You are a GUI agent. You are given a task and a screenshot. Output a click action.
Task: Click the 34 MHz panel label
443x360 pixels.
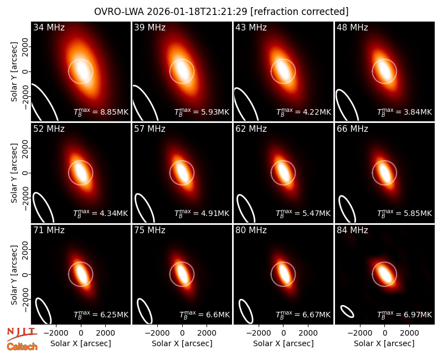[49, 27]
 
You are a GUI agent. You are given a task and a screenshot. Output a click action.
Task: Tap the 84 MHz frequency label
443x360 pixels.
[352, 230]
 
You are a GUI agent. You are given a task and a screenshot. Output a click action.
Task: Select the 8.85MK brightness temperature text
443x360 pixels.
[110, 112]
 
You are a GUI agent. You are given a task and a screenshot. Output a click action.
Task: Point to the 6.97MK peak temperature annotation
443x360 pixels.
[414, 315]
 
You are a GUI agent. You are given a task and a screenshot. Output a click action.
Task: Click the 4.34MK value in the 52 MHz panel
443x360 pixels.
[110, 213]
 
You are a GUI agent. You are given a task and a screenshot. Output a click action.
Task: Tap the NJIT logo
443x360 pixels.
[22, 334]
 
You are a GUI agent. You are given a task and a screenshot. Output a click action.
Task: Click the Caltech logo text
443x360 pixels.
[22, 347]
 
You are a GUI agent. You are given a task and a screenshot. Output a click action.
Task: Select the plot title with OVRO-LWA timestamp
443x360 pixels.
[221, 12]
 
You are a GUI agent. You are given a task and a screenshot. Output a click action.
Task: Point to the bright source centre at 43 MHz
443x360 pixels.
[283, 71]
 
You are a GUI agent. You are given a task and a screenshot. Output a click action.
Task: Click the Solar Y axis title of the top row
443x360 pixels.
[14, 72]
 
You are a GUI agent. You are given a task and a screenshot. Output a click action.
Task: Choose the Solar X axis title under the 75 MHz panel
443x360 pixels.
[182, 343]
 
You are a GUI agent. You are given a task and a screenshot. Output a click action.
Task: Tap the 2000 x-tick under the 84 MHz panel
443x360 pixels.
[409, 333]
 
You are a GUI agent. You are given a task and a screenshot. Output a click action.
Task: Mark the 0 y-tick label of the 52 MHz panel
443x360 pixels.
[25, 173]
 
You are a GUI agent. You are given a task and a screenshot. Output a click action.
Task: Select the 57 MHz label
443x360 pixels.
[150, 129]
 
